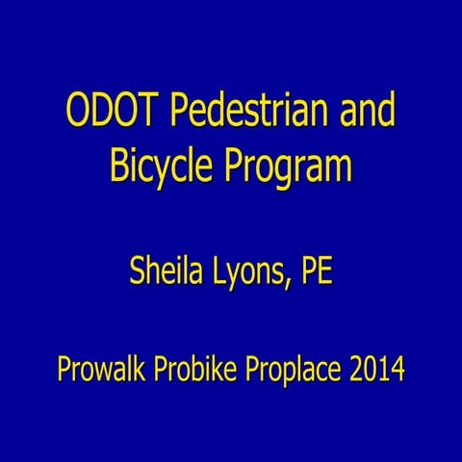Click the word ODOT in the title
tap(111, 114)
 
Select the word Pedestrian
tap(239, 114)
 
